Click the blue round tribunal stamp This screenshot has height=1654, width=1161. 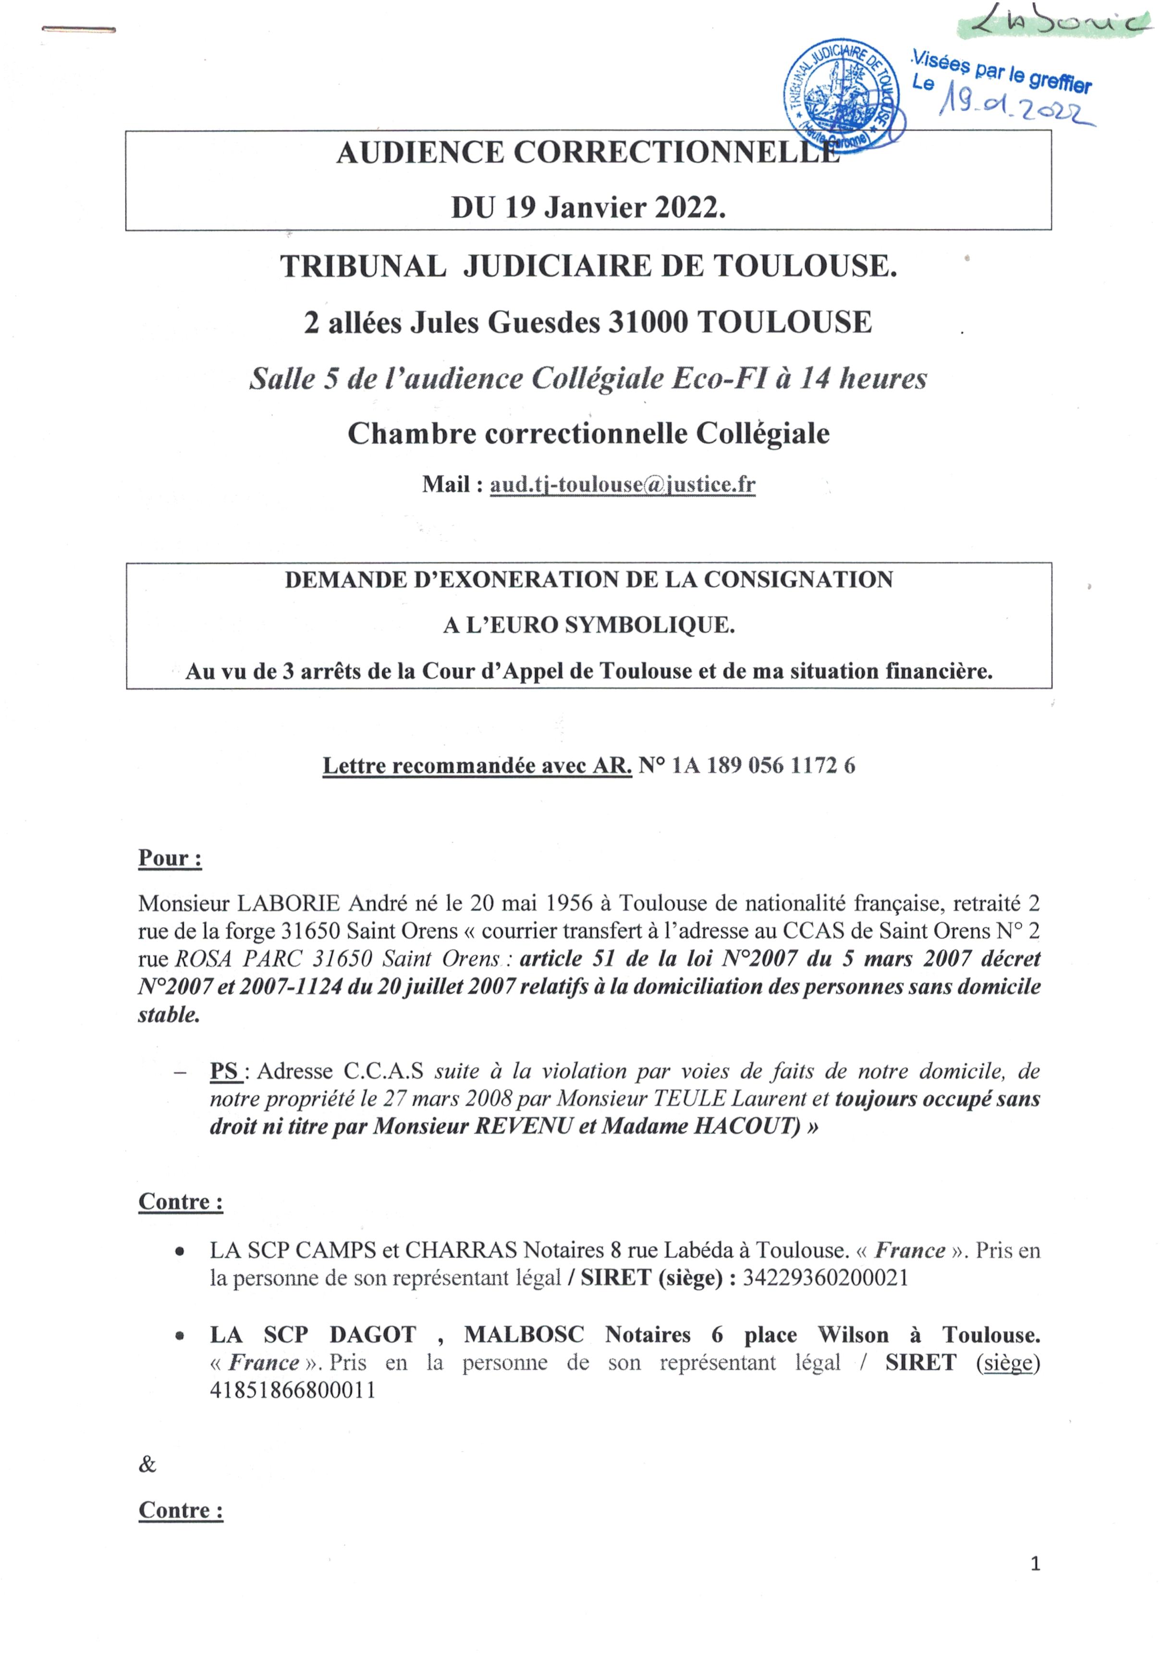[x=844, y=94]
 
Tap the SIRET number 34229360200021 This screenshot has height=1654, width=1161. [x=825, y=1277]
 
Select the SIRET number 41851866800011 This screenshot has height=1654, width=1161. [x=293, y=1390]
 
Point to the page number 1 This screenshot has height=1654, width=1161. [x=1035, y=1583]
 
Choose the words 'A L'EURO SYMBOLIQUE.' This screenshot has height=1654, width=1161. [x=588, y=625]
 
